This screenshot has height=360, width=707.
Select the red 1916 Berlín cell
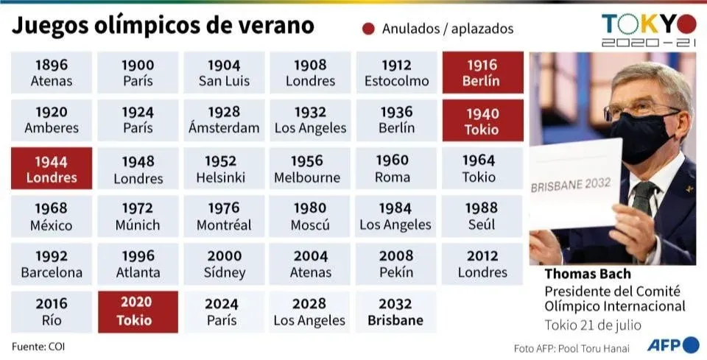coord(482,73)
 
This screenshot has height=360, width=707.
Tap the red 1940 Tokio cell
coord(482,121)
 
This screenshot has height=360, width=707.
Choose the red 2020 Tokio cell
coord(137,312)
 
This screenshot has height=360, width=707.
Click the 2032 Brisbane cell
coord(395,312)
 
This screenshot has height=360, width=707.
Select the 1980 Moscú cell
coord(309,216)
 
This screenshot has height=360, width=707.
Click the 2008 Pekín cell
coord(395,264)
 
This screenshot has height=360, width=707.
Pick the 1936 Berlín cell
coord(395,121)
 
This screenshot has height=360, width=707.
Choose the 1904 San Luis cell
coord(223,73)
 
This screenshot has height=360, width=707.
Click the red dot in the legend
coord(368,29)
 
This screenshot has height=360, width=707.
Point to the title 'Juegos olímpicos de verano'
coord(163,27)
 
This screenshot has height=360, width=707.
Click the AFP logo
coord(672,345)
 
